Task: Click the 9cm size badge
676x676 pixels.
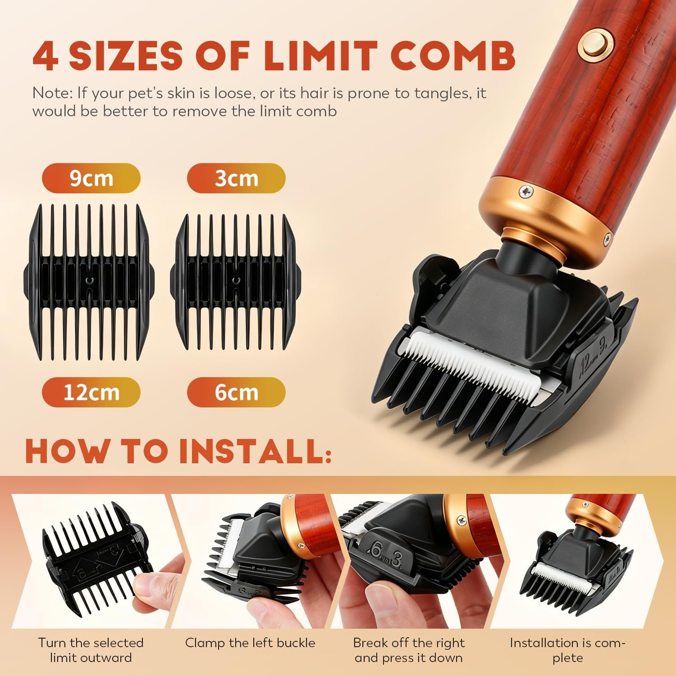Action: click(x=91, y=178)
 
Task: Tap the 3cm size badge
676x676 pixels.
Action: click(x=236, y=178)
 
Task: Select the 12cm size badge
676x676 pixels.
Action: click(x=91, y=392)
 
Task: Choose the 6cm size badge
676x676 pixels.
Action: click(x=236, y=392)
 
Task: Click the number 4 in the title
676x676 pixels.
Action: click(x=46, y=56)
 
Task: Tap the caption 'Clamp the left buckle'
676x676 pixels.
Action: click(x=250, y=643)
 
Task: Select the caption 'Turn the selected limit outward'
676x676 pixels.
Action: click(x=91, y=650)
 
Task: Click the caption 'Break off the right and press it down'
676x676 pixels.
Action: click(x=409, y=650)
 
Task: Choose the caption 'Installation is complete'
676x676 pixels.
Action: click(x=568, y=650)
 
